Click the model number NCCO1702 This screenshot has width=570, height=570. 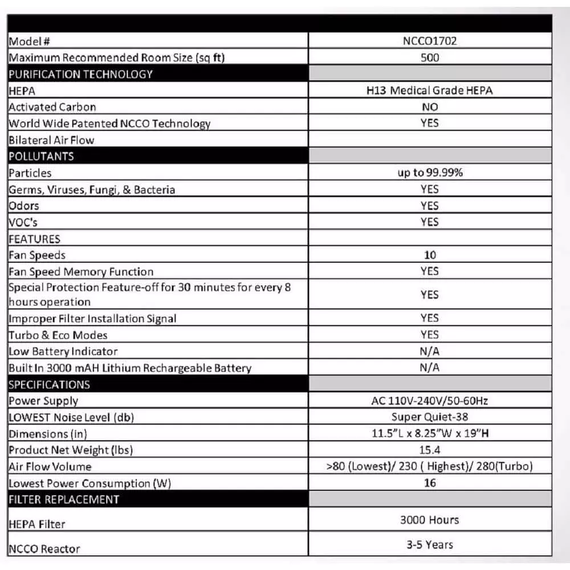(x=429, y=41)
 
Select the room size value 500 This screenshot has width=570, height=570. (x=429, y=58)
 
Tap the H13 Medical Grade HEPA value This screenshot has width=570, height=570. (x=429, y=90)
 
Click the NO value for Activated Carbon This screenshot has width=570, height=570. (x=429, y=107)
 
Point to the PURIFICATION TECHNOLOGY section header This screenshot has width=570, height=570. (x=80, y=74)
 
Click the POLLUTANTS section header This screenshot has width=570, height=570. (x=41, y=156)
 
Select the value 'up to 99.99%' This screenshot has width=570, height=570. (x=429, y=173)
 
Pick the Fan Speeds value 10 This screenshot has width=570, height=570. (x=430, y=255)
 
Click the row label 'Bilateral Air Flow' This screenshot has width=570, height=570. (x=51, y=140)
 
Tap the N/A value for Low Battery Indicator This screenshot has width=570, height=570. (x=429, y=351)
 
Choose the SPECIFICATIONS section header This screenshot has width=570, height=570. (x=49, y=384)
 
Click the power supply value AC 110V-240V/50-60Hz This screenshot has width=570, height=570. (x=429, y=401)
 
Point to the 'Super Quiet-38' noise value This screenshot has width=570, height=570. (x=429, y=417)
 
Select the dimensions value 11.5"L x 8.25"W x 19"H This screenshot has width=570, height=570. (x=429, y=433)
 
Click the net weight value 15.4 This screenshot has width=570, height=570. (x=429, y=450)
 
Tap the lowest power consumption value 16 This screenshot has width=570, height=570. (x=430, y=483)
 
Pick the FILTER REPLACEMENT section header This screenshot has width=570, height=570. (x=64, y=499)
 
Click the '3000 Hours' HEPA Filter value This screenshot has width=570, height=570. (x=429, y=520)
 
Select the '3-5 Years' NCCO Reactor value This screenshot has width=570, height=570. (x=429, y=545)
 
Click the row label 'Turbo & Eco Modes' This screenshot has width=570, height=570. (x=58, y=335)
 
